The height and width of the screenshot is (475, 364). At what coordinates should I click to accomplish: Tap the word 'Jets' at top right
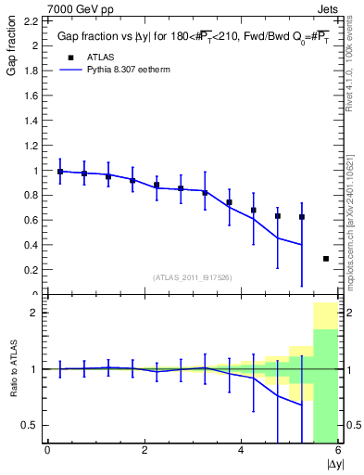pos(329,8)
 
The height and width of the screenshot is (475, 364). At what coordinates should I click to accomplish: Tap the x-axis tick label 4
pos(241,451)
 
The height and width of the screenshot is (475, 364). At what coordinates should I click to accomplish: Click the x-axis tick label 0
pos(47,451)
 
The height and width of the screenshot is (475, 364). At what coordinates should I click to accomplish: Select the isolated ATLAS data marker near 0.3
pos(326,259)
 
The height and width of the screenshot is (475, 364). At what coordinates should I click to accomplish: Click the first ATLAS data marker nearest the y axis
pos(60,172)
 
